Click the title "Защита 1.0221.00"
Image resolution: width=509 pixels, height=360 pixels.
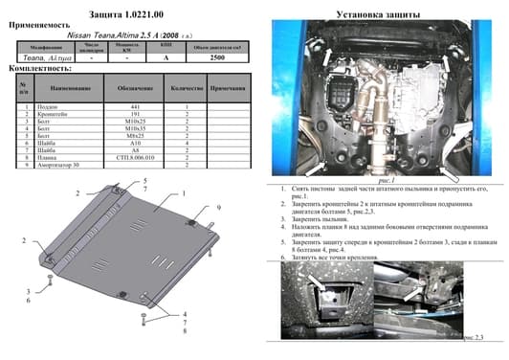click(127, 12)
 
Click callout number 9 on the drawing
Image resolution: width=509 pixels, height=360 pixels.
click(219, 208)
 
